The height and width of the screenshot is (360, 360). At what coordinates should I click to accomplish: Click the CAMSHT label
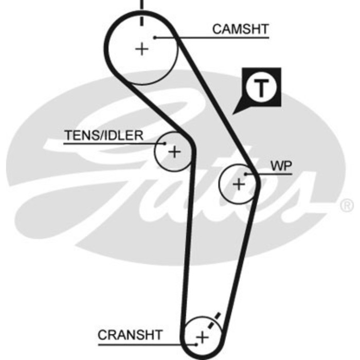click(x=240, y=29)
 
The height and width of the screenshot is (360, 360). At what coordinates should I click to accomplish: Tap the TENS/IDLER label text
click(x=104, y=135)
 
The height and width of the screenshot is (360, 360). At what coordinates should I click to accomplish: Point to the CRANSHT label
click(x=130, y=335)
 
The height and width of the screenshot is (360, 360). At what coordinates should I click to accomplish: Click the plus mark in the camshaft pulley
click(x=141, y=49)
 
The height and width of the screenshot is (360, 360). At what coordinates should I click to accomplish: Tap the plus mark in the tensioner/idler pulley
click(x=175, y=152)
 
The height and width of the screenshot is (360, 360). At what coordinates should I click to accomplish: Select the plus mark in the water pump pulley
click(x=238, y=184)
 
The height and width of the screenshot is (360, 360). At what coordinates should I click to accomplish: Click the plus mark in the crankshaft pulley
click(x=203, y=337)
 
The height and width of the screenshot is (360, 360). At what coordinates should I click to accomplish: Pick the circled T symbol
click(x=262, y=88)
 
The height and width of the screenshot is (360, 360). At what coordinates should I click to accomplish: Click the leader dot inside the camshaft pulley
click(x=154, y=37)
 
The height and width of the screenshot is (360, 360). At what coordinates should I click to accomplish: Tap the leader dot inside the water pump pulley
click(x=246, y=174)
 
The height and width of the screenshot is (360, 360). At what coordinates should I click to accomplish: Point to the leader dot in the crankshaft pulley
click(x=197, y=344)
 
